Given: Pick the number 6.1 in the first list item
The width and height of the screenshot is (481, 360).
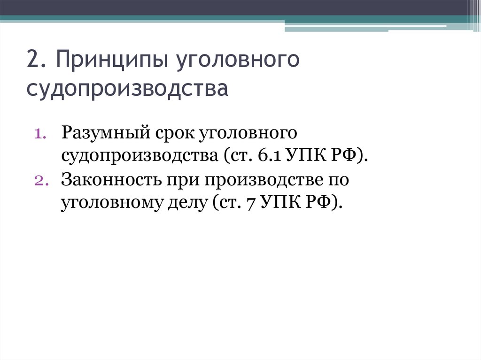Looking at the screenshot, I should click(268, 154).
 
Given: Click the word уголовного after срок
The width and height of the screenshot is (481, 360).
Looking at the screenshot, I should click(249, 133).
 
